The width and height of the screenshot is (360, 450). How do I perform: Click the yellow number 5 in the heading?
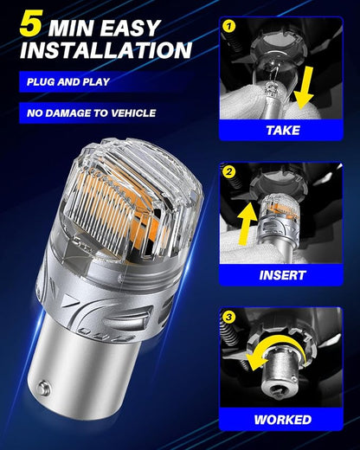[31, 23]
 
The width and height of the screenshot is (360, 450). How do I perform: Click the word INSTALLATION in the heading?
[106, 50]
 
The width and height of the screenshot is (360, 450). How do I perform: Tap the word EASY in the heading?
[131, 28]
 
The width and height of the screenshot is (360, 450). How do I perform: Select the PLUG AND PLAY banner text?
[68, 82]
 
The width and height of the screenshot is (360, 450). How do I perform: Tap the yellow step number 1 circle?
[229, 26]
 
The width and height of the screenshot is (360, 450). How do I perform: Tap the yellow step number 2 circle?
[229, 172]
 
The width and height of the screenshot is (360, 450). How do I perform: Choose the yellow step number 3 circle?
[228, 318]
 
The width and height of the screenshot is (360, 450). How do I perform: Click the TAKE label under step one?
[283, 131]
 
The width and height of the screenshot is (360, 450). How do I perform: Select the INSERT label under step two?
[282, 275]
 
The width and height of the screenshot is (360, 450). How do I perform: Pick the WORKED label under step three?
[283, 420]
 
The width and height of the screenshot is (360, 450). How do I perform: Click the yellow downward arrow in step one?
[303, 88]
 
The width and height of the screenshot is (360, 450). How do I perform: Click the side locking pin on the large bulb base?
[43, 387]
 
